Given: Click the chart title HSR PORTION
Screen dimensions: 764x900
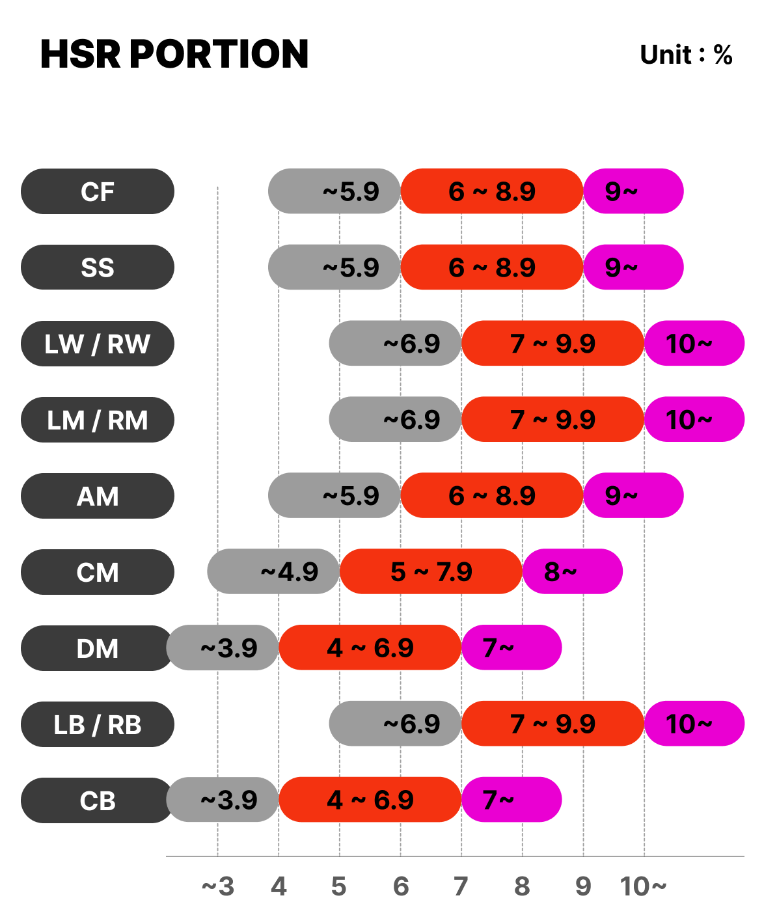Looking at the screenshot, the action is tap(174, 54).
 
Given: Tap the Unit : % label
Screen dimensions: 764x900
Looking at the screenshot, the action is tap(686, 55).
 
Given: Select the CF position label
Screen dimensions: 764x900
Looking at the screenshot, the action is tap(98, 191).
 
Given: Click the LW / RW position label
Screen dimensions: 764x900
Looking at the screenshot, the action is tap(98, 344).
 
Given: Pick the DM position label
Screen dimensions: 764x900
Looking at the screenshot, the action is tap(98, 648).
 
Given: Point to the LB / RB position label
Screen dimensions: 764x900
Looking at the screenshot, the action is tap(98, 724).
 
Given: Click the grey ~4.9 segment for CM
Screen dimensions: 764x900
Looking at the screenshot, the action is tap(273, 572).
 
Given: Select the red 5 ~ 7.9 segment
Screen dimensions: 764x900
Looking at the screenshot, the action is tap(431, 572).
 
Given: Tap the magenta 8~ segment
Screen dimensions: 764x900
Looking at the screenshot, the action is tap(573, 572).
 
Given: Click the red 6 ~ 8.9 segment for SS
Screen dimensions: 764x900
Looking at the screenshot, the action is tap(491, 267).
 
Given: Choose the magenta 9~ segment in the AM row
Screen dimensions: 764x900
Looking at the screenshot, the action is tap(633, 496).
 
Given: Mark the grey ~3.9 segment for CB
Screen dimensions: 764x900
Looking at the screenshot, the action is tap(223, 800).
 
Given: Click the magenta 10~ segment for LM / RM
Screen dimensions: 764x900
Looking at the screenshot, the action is tap(694, 420).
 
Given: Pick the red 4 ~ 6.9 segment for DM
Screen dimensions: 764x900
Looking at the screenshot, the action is tap(370, 648).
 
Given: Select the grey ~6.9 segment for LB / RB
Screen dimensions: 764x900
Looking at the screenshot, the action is tap(395, 724).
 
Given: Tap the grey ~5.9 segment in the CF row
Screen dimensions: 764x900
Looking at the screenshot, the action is tap(334, 191).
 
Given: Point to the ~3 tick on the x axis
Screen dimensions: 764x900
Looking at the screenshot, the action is tap(217, 886).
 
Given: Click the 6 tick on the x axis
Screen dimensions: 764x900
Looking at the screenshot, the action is tap(401, 886).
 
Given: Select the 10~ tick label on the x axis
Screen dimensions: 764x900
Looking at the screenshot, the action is tap(643, 886).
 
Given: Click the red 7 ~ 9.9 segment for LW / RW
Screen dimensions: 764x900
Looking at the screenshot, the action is tap(553, 344).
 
